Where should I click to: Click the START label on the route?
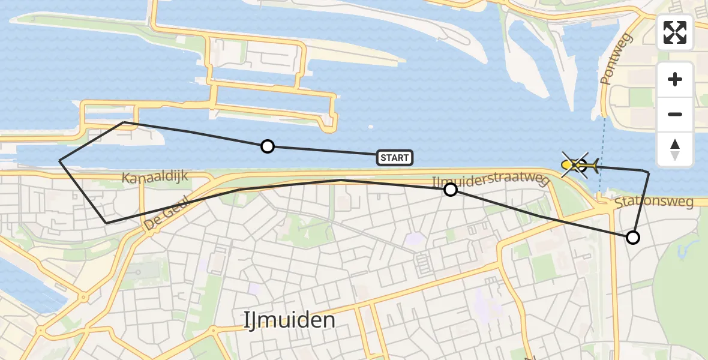click(x=395, y=158)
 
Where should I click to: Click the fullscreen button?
click(x=675, y=32)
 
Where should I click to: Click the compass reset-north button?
click(x=675, y=149)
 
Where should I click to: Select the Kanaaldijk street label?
click(x=155, y=177)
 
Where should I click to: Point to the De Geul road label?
click(x=167, y=214)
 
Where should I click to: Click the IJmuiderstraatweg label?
click(x=490, y=181)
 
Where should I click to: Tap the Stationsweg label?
click(x=654, y=202)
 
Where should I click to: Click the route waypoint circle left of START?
click(x=268, y=146)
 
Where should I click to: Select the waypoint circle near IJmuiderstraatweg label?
click(x=450, y=190)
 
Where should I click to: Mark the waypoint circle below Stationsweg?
click(x=632, y=238)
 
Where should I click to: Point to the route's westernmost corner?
click(x=60, y=161)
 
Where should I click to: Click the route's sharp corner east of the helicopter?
click(x=649, y=172)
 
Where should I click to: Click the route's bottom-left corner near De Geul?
click(x=107, y=223)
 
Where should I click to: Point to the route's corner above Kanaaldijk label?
click(x=124, y=122)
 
